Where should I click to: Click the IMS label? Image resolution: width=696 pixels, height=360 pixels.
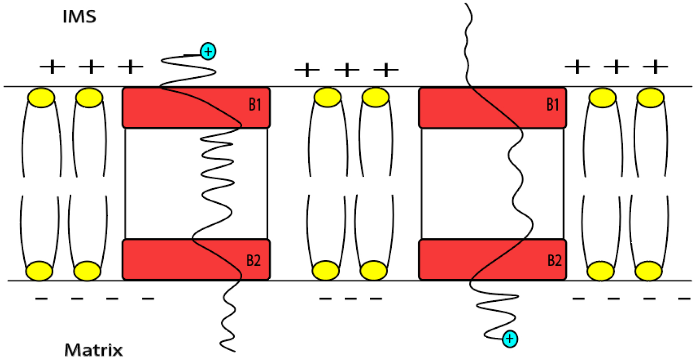tap(79, 17)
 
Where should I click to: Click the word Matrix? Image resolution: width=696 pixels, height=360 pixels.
tap(94, 350)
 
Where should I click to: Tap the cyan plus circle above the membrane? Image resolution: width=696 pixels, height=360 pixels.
tap(208, 51)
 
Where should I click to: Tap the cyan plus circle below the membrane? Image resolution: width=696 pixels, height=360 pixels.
tap(510, 339)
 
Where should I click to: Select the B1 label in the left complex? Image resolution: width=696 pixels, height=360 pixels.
tap(255, 105)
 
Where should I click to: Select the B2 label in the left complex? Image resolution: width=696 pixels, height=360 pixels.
tap(253, 261)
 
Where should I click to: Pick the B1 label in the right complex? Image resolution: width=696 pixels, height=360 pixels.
tap(553, 105)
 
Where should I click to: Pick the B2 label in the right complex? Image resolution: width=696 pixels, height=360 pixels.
tap(554, 261)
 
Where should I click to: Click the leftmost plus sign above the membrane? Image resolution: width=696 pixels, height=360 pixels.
tap(52, 67)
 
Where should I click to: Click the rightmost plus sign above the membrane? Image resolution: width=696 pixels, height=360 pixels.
tap(655, 67)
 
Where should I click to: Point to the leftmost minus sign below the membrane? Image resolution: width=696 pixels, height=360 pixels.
tap(41, 298)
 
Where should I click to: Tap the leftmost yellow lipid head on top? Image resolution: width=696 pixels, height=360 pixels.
tap(41, 97)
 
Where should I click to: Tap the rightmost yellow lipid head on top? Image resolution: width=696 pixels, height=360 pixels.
tap(650, 97)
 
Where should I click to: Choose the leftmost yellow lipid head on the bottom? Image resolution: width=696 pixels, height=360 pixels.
tap(39, 271)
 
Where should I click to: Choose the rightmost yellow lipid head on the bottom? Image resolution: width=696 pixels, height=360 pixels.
tap(649, 271)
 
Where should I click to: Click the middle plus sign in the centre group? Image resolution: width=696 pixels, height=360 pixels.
tap(347, 70)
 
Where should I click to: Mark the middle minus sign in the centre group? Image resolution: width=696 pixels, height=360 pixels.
tap(350, 298)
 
